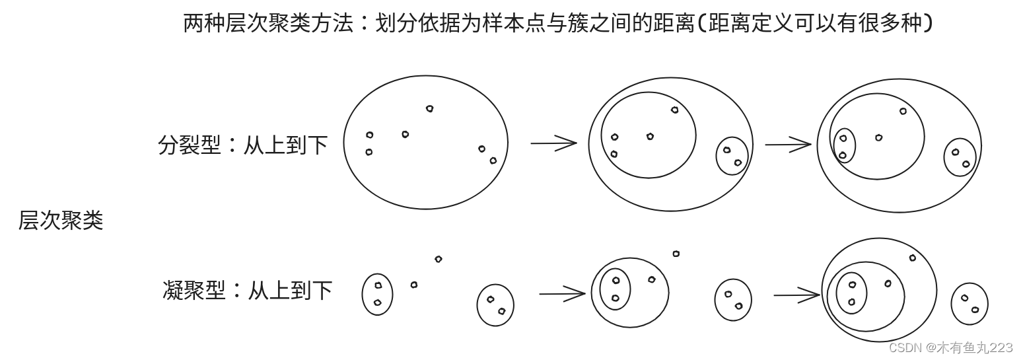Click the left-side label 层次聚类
pos(61,221)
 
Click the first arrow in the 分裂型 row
pos(553,143)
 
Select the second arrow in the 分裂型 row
pos(788,144)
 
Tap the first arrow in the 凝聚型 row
pos(562,293)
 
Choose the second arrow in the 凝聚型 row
pos(796,295)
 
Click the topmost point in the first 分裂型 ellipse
pos(430,108)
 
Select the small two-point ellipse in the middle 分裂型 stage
pos(732,156)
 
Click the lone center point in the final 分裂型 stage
pos(879,137)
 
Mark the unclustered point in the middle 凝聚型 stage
pos(676,254)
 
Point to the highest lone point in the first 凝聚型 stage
pos(439,259)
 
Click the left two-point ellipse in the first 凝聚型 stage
pos(377,294)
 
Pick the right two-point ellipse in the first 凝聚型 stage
pos(495,305)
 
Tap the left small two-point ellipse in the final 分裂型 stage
pos(843,146)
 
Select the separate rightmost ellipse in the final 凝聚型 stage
pos(970,304)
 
